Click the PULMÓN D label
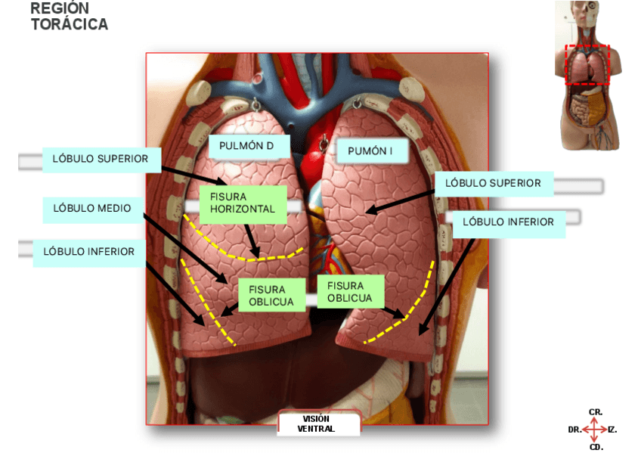[x=246, y=146]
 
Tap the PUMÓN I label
[x=370, y=151]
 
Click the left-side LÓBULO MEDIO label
[x=92, y=208]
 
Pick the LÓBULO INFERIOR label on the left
[x=89, y=252]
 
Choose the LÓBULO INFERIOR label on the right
[x=508, y=222]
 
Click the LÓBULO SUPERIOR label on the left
[x=101, y=159]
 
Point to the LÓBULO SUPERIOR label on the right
[x=493, y=183]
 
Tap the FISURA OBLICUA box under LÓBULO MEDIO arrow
[x=267, y=295]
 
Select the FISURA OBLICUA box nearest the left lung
[x=350, y=291]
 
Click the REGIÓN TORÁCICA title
[x=69, y=17]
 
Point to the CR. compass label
[x=595, y=412]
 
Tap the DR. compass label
[x=574, y=430]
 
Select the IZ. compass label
[x=612, y=430]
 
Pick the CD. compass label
[x=596, y=447]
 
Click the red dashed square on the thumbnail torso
[x=587, y=65]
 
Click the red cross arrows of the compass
[x=594, y=430]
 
